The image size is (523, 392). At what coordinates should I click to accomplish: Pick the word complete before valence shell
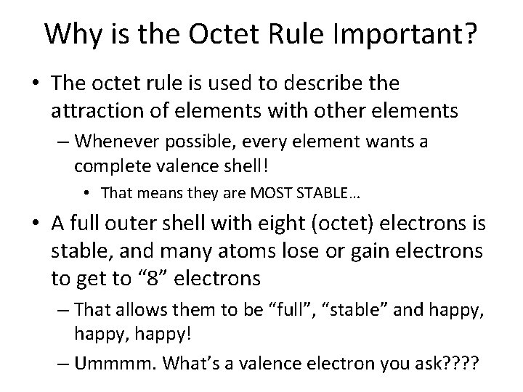click(x=108, y=166)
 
